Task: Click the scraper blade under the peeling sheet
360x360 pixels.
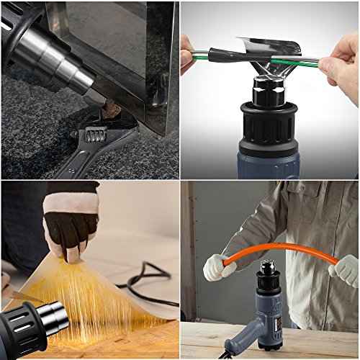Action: [x=25, y=296]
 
